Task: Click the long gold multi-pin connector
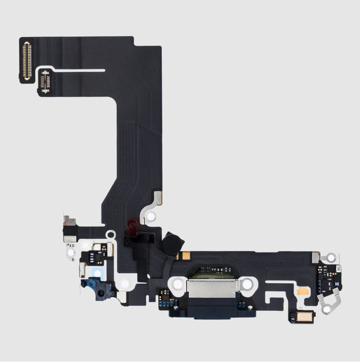coord(27,60)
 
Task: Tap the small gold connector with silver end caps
coord(45,81)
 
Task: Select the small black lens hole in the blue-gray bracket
coord(101,292)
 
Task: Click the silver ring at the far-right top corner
coord(331,258)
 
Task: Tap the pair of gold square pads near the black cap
coord(185,255)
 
